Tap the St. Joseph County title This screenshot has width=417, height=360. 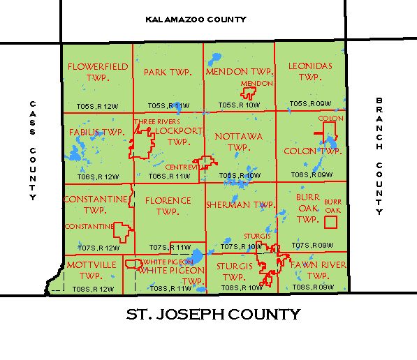pos(213,315)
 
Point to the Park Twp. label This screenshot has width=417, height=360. pos(168,72)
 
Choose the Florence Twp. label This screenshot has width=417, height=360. pos(168,206)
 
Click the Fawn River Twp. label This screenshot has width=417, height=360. pos(311,271)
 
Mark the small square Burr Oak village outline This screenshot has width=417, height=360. pos(331,222)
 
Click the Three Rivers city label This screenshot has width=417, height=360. pos(152,122)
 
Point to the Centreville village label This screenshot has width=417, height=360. pos(184,167)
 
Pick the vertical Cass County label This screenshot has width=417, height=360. pos(32,151)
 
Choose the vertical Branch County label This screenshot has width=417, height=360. pos(379,156)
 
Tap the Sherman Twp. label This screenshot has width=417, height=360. pos(239,205)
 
